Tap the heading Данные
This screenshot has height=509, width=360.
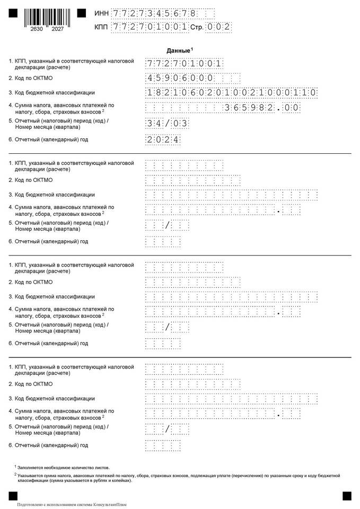(178, 50)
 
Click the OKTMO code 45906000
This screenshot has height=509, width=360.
(180, 78)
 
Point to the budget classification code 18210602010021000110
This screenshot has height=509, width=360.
(232, 93)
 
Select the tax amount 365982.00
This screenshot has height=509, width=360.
(262, 108)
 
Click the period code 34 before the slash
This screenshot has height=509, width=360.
(154, 124)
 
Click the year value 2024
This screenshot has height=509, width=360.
(163, 139)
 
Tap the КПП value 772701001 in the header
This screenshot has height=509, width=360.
(150, 27)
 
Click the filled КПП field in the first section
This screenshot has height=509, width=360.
(183, 64)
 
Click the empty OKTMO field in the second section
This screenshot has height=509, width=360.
(192, 180)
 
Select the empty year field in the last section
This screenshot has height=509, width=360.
(163, 446)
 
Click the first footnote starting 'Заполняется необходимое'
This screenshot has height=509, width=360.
(63, 468)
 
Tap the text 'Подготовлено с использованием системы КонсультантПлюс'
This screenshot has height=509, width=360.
(72, 504)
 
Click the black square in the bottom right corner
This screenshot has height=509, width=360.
(347, 496)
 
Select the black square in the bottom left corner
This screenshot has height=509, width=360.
(13, 496)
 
